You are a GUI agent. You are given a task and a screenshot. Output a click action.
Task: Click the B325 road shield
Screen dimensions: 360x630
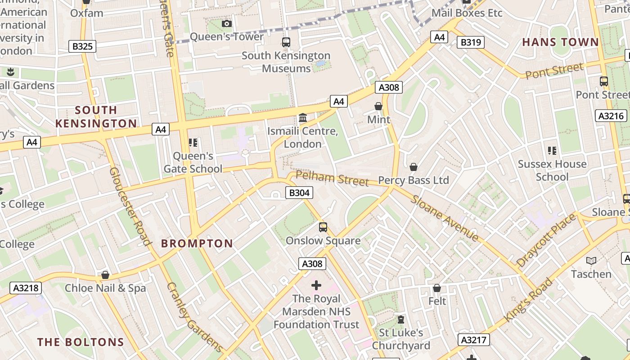pyautogui.click(x=82, y=46)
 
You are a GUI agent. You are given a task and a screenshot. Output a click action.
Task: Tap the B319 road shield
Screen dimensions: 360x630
pyautogui.click(x=471, y=43)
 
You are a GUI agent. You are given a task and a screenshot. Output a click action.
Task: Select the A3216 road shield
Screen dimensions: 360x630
pyautogui.click(x=611, y=116)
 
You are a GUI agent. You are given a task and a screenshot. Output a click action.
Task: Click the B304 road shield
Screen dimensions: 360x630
pyautogui.click(x=299, y=193)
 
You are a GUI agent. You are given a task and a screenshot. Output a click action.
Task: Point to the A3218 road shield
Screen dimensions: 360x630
pyautogui.click(x=26, y=288)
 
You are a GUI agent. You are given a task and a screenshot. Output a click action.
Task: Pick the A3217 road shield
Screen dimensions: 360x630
pyautogui.click(x=474, y=340)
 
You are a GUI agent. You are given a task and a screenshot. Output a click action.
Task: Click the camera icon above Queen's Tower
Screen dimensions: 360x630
pyautogui.click(x=227, y=23)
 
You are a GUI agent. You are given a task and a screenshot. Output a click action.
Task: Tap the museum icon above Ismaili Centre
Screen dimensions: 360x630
pyautogui.click(x=303, y=118)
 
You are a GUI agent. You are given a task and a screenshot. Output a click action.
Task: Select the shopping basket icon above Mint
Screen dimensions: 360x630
pyautogui.click(x=378, y=106)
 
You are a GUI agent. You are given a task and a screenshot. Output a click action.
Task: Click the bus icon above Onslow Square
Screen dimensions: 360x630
pyautogui.click(x=323, y=227)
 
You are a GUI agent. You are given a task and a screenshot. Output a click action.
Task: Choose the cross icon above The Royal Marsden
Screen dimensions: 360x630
pyautogui.click(x=316, y=285)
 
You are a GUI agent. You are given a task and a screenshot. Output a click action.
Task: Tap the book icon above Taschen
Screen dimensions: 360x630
pyautogui.click(x=591, y=261)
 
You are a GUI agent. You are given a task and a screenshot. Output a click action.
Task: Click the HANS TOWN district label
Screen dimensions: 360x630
pyautogui.click(x=560, y=42)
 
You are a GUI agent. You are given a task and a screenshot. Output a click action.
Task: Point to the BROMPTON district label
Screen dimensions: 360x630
pyautogui.click(x=197, y=243)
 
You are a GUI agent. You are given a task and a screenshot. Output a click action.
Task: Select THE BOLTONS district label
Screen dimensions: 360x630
pyautogui.click(x=81, y=342)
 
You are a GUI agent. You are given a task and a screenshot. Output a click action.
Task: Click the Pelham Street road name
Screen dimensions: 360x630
pyautogui.click(x=332, y=179)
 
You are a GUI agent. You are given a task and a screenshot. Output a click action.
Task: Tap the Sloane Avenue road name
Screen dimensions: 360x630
pyautogui.click(x=445, y=218)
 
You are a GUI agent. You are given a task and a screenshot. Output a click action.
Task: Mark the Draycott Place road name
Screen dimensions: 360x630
pyautogui.click(x=546, y=240)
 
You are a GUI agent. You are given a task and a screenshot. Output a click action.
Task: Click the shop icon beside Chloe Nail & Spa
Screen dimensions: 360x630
pyautogui.click(x=105, y=275)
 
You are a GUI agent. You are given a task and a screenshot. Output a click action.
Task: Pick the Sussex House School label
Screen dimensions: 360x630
pyautogui.click(x=552, y=170)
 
